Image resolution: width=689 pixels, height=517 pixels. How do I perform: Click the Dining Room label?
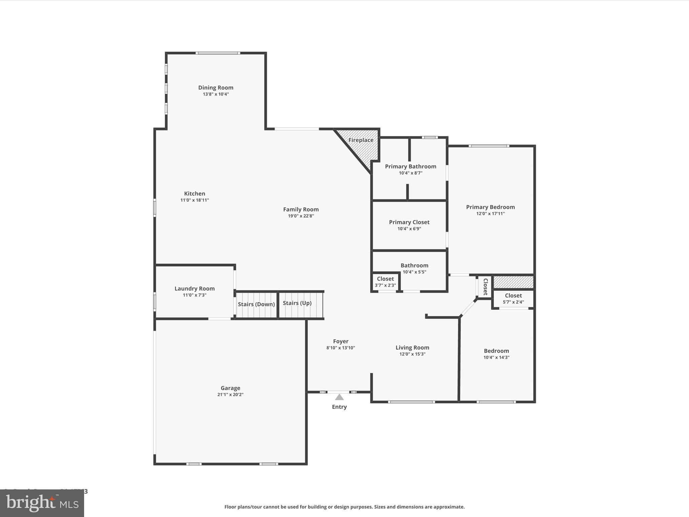pos(216,88)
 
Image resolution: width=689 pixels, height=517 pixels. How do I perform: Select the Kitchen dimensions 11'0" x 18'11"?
pos(194,200)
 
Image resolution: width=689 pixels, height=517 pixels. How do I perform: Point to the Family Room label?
pos(301,209)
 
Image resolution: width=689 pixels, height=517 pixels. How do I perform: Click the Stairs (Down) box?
pos(256,305)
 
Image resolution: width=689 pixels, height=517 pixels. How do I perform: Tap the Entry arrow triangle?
pos(339,397)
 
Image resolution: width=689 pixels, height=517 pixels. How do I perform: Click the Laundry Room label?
pos(194,288)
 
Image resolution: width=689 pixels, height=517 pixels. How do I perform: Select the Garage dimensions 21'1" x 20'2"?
pos(230,394)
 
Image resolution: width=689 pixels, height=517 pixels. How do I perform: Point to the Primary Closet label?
pos(409,222)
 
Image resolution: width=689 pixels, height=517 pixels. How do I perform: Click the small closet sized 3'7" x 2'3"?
pos(385,282)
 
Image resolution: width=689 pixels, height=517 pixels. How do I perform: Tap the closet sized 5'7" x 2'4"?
pos(513,299)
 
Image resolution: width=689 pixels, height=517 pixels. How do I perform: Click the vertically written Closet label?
pos(485,287)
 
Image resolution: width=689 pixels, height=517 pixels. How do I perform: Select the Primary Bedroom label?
pos(490,207)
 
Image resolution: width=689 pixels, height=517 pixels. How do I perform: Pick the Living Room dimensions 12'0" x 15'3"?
pos(412,354)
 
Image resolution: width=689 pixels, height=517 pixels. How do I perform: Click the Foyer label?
pos(340,341)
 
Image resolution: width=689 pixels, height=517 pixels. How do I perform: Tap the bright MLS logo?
pos(42,503)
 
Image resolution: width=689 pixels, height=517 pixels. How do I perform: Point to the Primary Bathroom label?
pos(410,166)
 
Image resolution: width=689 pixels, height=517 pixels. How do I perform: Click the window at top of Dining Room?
pos(218,53)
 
